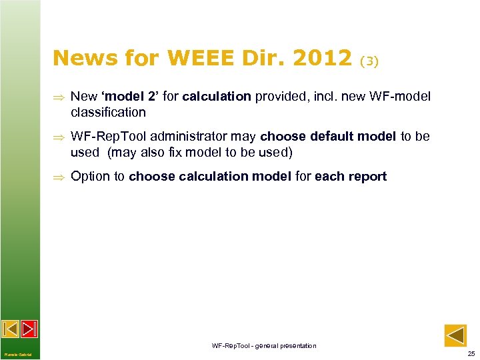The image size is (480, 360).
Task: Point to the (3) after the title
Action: coord(369,61)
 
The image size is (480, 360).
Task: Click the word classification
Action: coord(108,112)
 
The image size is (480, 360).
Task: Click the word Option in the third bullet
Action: coord(91,176)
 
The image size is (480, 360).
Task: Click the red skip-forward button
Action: coord(29,329)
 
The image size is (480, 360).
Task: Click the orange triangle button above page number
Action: coord(455,335)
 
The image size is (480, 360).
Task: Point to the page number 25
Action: coord(471,353)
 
